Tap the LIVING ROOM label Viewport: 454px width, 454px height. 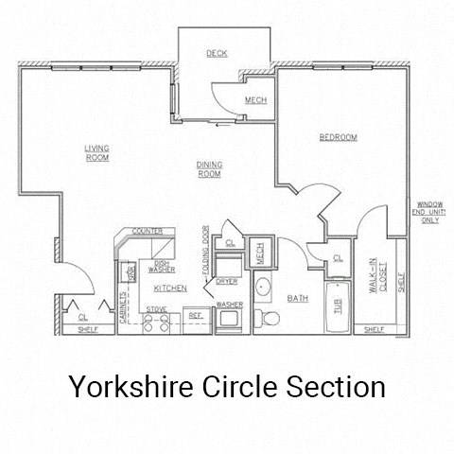click(96, 153)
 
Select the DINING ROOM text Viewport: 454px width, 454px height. click(209, 169)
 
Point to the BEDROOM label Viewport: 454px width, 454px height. click(338, 138)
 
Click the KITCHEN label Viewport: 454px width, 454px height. click(171, 288)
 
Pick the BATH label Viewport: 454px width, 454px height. click(298, 298)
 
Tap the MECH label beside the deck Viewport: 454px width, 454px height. click(254, 101)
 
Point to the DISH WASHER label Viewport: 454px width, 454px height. click(161, 267)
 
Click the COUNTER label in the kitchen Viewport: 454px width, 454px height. click(147, 231)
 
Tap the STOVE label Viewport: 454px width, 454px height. click(156, 309)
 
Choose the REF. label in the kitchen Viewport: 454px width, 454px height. click(194, 314)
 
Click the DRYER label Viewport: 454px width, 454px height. click(227, 281)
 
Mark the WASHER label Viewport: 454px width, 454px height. click(230, 304)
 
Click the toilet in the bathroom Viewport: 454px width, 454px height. click(268, 318)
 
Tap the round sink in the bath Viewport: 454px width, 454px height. click(263, 288)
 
